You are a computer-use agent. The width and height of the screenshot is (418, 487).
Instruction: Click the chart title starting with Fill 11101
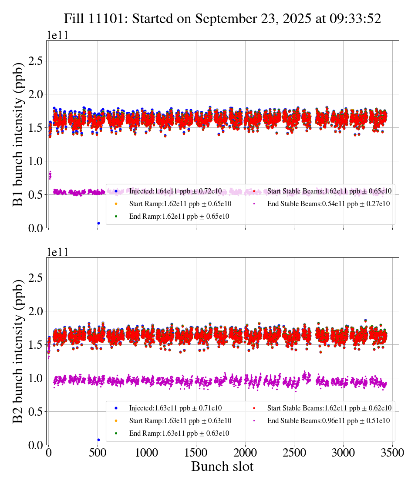(222, 18)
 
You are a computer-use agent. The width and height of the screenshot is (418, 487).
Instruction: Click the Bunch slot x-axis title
(222, 467)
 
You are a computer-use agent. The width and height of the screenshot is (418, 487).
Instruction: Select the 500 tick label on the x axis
(98, 453)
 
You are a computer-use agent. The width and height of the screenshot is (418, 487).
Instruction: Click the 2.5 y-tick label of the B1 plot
(37, 61)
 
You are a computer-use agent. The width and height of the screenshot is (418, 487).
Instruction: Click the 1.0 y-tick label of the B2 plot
(37, 378)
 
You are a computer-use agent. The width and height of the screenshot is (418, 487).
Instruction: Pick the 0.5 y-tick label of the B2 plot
(37, 411)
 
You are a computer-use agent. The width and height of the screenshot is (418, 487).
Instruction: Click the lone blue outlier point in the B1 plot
(98, 223)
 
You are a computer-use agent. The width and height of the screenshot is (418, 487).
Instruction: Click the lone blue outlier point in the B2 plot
(98, 440)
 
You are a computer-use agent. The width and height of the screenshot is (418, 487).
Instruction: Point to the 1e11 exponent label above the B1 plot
(57, 36)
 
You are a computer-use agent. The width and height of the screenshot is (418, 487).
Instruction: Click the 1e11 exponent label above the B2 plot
(57, 253)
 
